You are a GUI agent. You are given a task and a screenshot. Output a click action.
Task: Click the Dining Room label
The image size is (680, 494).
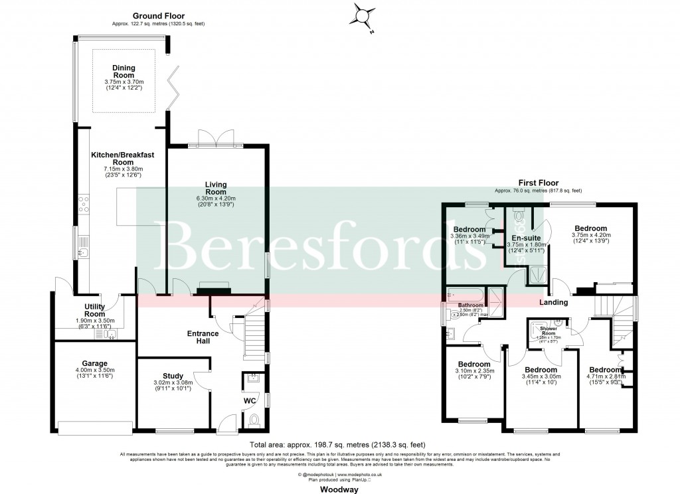point(124,71)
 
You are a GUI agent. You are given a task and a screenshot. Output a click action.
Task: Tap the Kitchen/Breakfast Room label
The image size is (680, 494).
point(124,159)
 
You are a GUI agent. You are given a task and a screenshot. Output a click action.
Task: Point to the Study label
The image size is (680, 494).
point(172,376)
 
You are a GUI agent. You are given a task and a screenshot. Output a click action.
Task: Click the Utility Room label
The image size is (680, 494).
point(95,310)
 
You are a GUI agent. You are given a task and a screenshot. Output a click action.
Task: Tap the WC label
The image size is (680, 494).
point(250,401)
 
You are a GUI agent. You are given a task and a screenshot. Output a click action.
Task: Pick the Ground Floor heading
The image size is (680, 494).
point(158,15)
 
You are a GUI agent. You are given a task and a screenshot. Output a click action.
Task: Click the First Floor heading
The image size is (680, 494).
point(539,183)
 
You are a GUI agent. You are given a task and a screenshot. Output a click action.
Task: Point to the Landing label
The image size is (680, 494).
point(553,303)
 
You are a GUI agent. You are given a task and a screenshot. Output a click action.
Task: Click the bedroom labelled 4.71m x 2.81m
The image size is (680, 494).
point(604,370)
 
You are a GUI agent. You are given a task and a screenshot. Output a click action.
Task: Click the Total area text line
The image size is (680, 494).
point(337,444)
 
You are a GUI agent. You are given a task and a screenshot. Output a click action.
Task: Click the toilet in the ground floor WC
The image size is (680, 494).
point(254,421)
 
